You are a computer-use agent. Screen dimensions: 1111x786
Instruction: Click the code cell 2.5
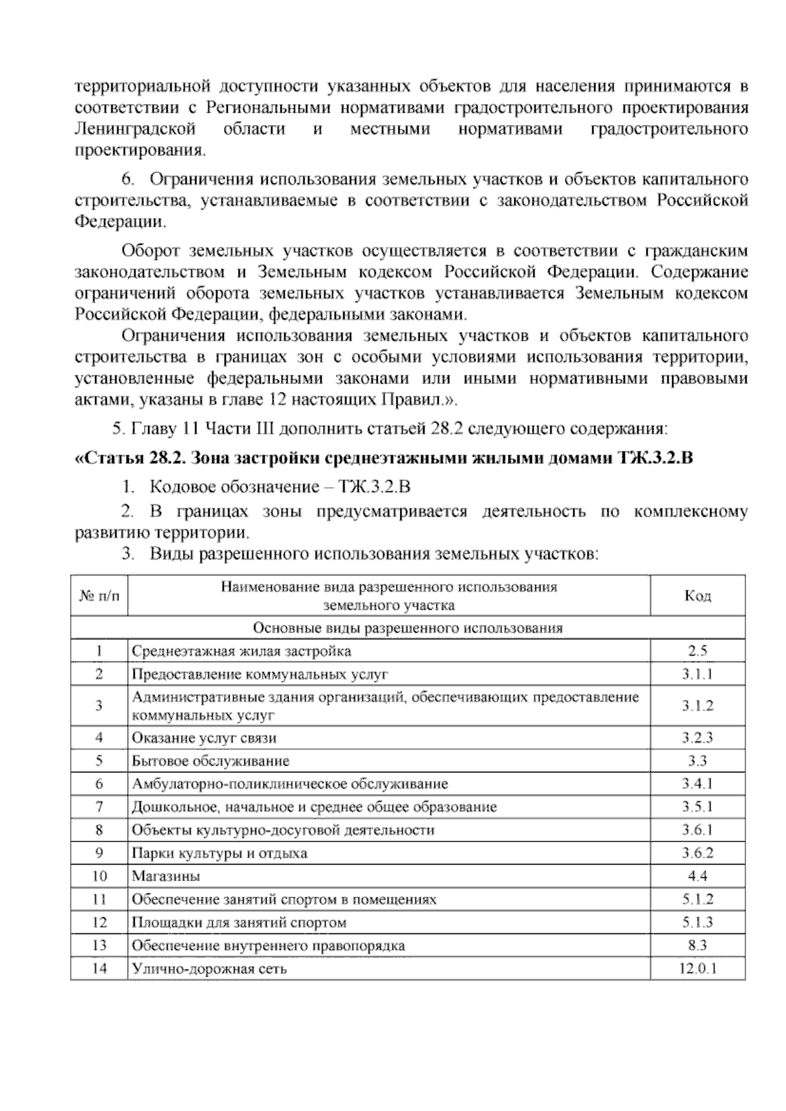click(698, 651)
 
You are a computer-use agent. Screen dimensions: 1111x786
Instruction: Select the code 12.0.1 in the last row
click(698, 968)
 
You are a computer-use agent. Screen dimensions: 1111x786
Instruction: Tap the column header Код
click(698, 595)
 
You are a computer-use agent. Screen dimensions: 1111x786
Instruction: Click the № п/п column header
click(100, 595)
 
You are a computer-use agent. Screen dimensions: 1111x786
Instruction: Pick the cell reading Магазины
click(166, 876)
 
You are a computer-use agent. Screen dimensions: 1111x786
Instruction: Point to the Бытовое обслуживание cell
click(210, 761)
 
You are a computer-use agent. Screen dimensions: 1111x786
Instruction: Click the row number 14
click(100, 968)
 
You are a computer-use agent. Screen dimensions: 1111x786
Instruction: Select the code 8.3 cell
click(698, 945)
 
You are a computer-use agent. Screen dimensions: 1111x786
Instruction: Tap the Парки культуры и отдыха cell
click(219, 853)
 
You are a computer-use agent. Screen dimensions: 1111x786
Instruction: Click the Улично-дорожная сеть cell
click(209, 968)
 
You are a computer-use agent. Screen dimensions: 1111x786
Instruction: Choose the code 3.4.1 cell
click(698, 784)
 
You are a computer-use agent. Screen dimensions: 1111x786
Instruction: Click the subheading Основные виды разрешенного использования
click(407, 628)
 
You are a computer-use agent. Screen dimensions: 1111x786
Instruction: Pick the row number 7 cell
click(100, 807)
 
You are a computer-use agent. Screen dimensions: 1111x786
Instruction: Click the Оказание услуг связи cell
click(204, 738)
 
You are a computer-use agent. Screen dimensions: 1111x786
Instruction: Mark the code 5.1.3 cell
click(698, 922)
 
